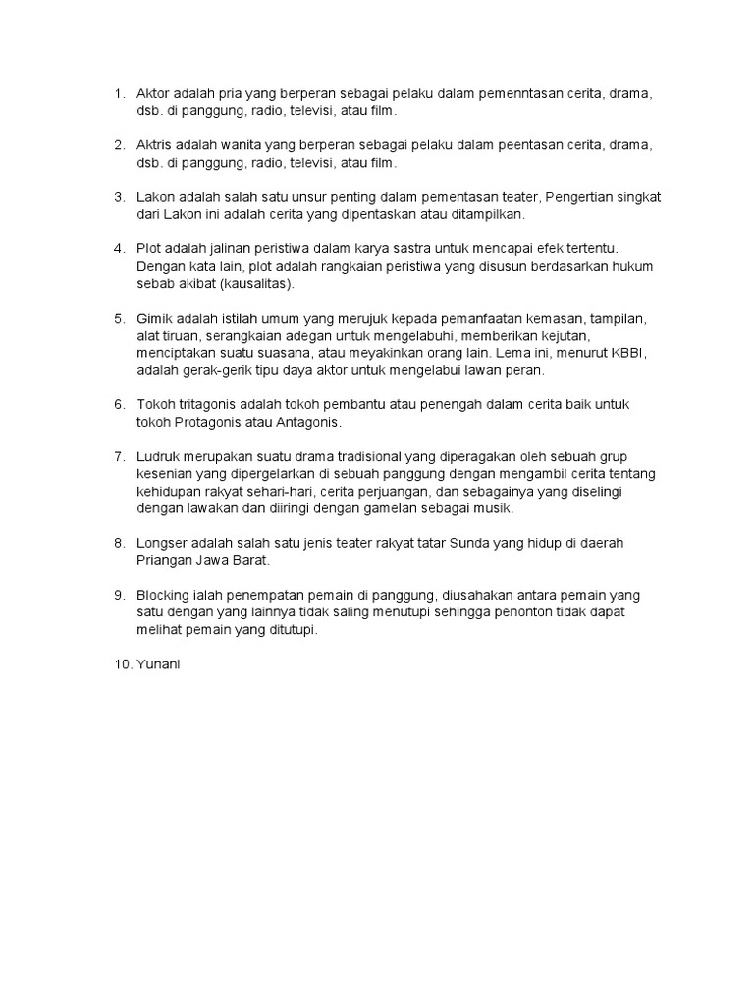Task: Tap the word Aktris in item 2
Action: coord(155,145)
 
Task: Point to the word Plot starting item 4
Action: coord(149,249)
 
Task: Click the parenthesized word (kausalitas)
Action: coord(256,284)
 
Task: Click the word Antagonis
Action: coord(306,422)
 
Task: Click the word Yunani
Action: coord(159,664)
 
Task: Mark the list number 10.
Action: coord(122,664)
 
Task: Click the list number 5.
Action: coord(119,319)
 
